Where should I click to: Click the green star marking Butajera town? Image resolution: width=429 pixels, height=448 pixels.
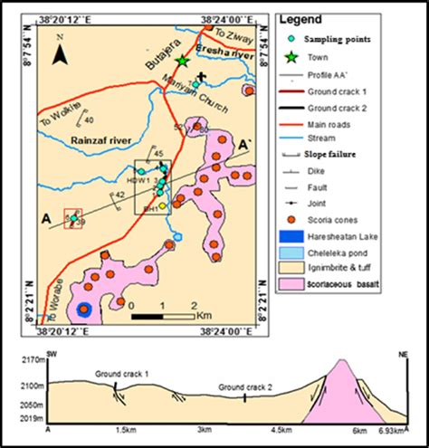[x=183, y=60]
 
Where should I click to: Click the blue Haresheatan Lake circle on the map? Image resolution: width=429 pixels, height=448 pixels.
[x=84, y=310]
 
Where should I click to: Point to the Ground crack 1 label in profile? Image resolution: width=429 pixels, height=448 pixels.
[x=122, y=373]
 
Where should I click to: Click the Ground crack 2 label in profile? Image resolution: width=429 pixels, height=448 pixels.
[x=246, y=386]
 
